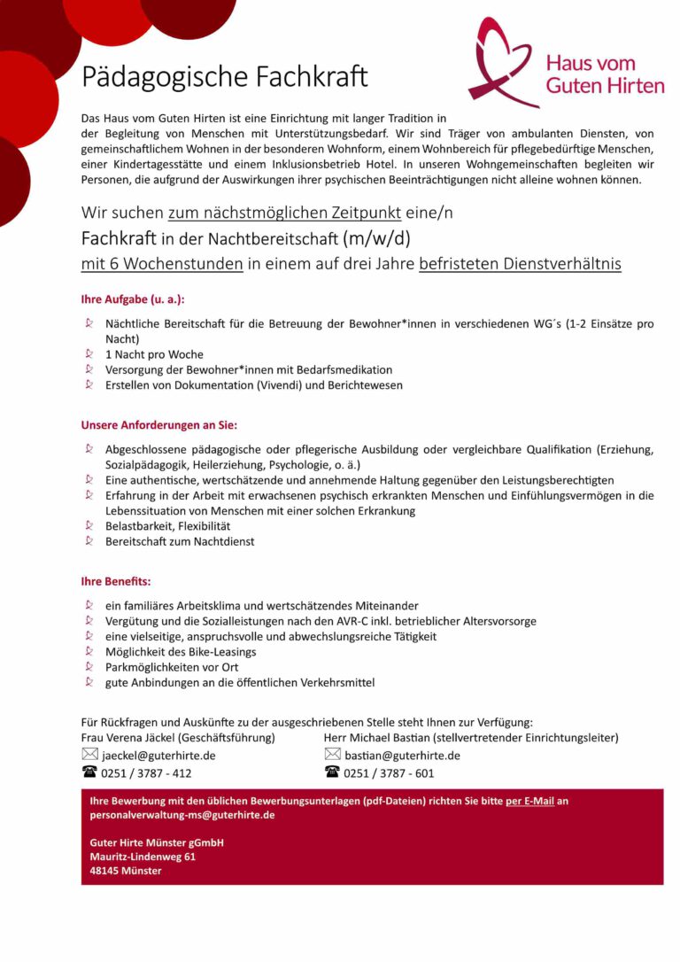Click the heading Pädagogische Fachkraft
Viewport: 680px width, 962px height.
[224, 78]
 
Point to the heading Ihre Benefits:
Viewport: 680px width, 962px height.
[116, 582]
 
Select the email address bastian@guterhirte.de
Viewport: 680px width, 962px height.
[402, 756]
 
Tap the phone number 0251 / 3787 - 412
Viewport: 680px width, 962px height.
[146, 773]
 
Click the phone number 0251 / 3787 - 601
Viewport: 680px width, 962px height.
[389, 773]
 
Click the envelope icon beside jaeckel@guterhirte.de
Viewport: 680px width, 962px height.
[89, 755]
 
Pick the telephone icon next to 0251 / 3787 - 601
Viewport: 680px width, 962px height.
[333, 772]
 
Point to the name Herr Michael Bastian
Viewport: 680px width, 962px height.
[376, 737]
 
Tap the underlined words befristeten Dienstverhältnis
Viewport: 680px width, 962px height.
[520, 263]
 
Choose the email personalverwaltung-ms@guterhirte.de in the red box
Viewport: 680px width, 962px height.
[182, 815]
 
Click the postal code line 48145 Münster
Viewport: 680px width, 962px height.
[126, 871]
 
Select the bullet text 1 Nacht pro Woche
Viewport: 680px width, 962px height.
[154, 354]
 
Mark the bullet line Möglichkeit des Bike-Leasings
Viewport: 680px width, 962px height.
[181, 652]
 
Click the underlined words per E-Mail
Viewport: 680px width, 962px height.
[529, 801]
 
